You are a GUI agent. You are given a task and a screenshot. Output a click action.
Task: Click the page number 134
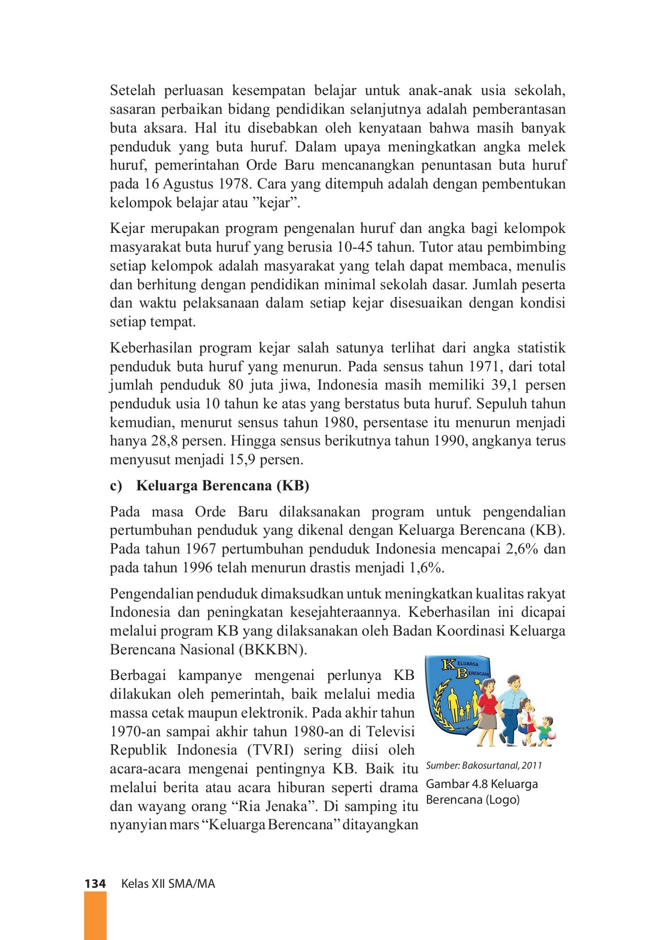tap(95, 884)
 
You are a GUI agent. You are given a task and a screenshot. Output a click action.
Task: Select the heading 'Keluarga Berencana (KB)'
tap(223, 486)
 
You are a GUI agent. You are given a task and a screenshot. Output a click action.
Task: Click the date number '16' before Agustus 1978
tap(152, 184)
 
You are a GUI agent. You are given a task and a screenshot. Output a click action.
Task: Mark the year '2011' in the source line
tap(532, 766)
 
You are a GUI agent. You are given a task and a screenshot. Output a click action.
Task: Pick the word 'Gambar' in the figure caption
tap(445, 784)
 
